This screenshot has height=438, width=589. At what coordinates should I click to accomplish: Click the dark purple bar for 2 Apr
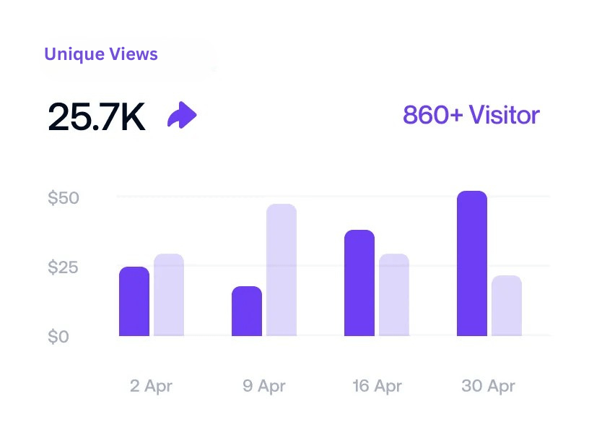point(134,301)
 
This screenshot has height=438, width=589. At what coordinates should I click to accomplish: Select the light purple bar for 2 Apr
point(169,295)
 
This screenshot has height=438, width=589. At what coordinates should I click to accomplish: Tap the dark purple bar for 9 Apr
point(247,312)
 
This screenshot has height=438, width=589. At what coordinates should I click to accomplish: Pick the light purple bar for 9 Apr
point(282,270)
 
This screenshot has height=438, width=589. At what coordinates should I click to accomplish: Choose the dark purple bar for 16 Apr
point(359,283)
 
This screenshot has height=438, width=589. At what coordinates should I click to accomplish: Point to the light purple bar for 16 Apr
point(394,295)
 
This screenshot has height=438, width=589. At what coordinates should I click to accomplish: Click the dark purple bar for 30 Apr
point(472,264)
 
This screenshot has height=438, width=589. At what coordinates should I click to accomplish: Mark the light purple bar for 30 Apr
point(507,306)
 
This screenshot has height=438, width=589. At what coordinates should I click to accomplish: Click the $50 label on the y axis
point(63,198)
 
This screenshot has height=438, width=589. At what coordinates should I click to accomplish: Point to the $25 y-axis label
point(63,267)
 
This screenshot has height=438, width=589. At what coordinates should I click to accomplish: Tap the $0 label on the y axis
point(58,337)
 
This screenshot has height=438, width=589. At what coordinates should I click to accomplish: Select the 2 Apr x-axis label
point(152,386)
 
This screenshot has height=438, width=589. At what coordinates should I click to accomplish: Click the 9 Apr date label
point(264,386)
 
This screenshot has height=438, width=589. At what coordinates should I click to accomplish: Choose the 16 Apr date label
point(377,386)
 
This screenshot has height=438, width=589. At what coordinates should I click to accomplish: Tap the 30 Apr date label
point(489,386)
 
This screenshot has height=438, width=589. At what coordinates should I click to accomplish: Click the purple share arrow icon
point(182,115)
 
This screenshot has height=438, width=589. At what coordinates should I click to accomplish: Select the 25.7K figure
point(97,116)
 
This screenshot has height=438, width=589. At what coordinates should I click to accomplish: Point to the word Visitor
point(504,115)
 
